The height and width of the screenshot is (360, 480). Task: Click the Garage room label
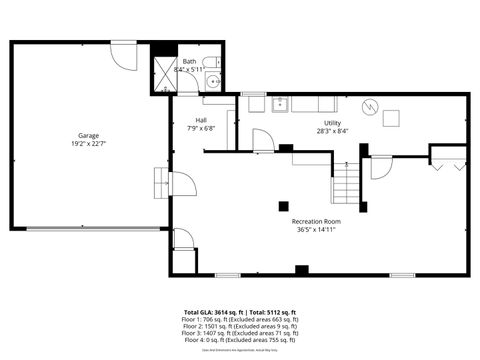coord(89,135)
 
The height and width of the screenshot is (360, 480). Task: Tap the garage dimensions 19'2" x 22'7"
coord(89,143)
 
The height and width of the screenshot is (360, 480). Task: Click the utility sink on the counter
coord(280,104)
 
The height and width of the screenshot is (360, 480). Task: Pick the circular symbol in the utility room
coord(371,106)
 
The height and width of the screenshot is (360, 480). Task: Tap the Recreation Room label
coord(316,220)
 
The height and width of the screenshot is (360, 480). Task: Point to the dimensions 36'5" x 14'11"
coord(316,229)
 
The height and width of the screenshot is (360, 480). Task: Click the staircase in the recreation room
coord(346,182)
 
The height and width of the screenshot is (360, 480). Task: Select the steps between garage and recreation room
coord(160,184)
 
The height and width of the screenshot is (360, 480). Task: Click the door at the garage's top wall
coord(122,53)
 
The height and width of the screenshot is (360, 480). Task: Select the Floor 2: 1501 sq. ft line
coord(240,326)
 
